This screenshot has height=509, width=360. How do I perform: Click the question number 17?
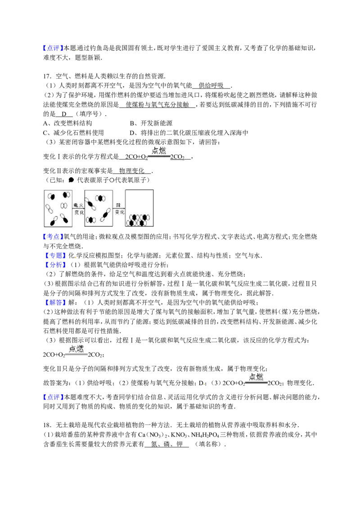coord(47,76)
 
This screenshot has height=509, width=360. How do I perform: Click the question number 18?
coord(47,425)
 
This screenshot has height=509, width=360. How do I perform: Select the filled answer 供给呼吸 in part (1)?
coord(211,86)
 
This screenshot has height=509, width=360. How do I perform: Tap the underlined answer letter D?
coord(64,114)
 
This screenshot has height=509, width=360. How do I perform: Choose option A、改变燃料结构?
coord(67,123)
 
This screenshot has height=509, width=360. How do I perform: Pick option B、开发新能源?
coord(151,123)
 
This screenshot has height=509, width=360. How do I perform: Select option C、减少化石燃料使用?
coord(73,133)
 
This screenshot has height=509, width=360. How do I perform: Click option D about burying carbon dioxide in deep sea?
coord(189,133)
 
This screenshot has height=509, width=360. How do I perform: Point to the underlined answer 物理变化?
coord(131,171)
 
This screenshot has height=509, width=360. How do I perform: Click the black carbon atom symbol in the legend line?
coord(71,180)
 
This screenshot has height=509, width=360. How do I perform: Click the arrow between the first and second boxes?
coord(78,208)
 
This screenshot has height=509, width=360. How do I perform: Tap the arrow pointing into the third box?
coord(119,208)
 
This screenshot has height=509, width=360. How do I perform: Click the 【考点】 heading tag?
coord(52,237)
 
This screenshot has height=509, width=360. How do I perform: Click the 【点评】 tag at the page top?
coord(52,48)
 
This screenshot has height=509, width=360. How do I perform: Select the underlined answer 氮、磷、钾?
coord(166,444)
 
